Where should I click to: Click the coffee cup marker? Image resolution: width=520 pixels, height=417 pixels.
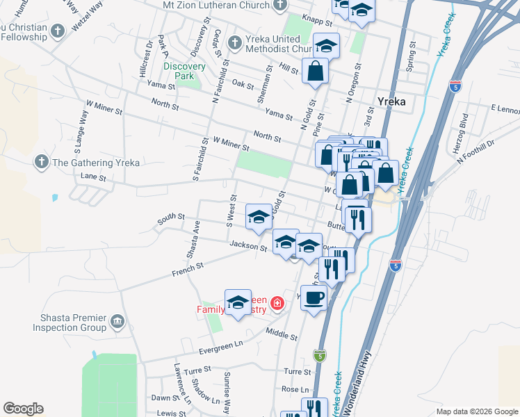click(x=314, y=297)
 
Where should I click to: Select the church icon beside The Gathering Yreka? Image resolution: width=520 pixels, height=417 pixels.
click(x=41, y=163)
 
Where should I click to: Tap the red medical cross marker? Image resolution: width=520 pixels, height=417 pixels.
click(x=277, y=303)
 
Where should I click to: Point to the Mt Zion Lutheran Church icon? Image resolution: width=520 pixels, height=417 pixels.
click(x=279, y=5)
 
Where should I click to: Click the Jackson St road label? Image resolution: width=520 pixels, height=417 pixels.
click(x=248, y=246)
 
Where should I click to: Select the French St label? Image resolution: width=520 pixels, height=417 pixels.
click(x=189, y=267)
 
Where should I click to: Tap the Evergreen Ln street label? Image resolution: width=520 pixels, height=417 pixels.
click(x=225, y=343)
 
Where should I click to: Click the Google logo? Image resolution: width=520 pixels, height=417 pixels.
click(x=23, y=409)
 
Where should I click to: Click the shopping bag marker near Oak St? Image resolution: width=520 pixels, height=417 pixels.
click(x=315, y=71)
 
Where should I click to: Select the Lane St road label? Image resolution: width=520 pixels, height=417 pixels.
click(x=92, y=178)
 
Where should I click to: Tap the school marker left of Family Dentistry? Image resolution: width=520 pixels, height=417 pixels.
click(x=238, y=302)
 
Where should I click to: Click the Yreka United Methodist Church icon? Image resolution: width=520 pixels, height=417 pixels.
click(x=235, y=42)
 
